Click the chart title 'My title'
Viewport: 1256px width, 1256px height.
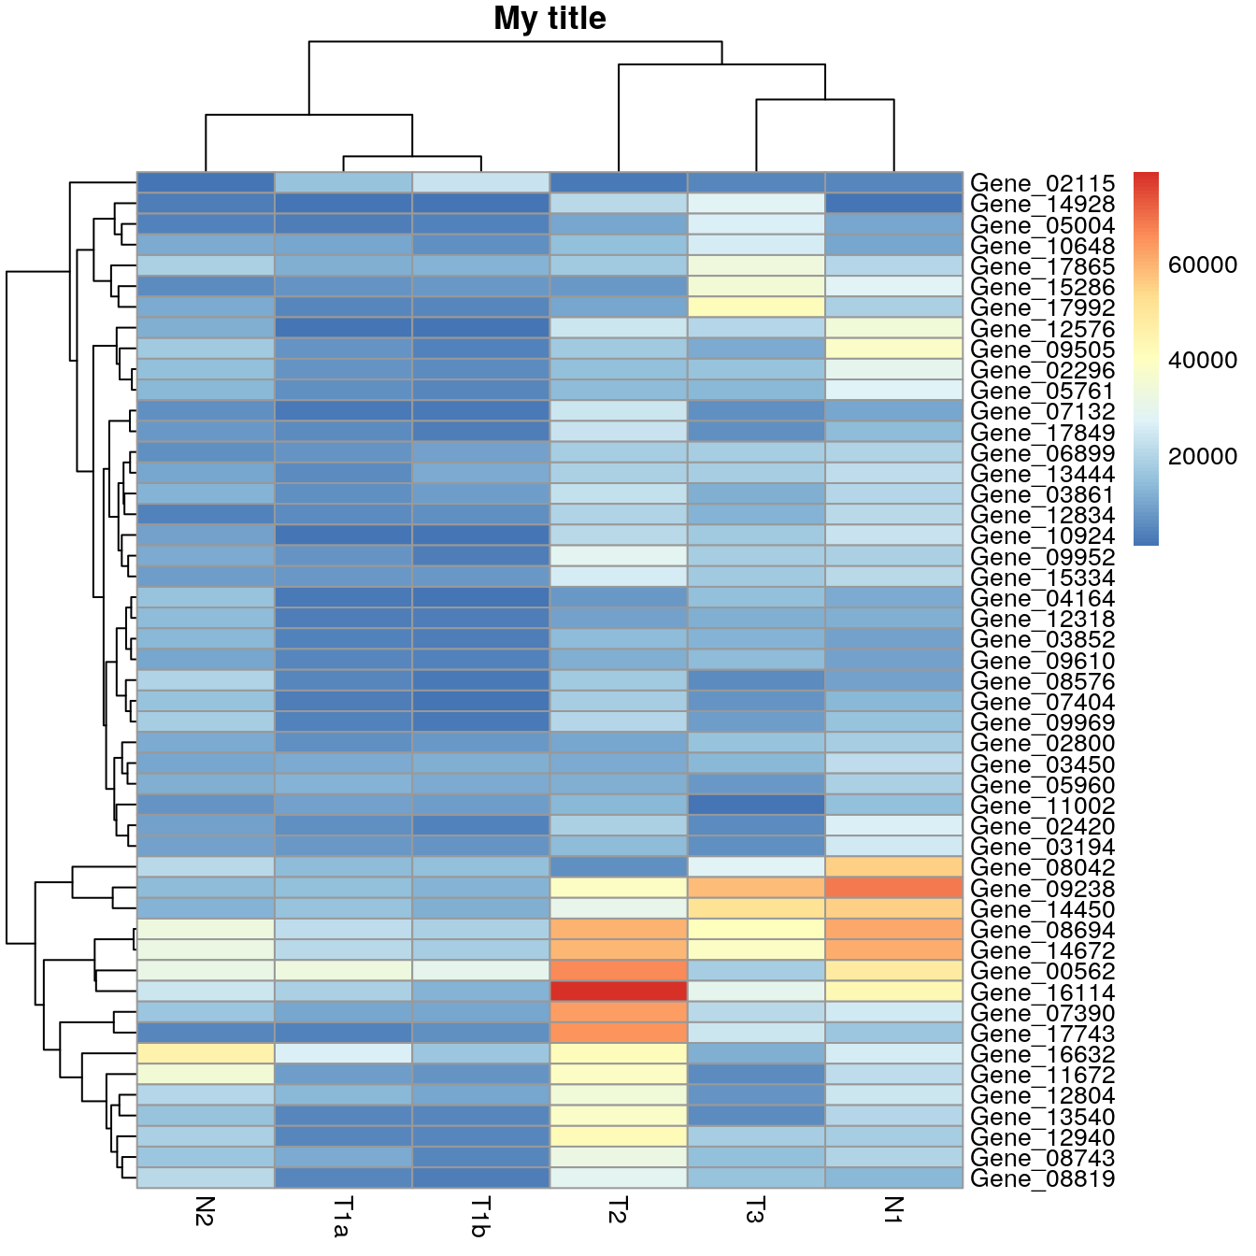(549, 19)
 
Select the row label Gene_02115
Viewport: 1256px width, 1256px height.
(1042, 183)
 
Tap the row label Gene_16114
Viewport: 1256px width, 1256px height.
(1042, 992)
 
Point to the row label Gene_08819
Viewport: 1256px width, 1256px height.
(1042, 1178)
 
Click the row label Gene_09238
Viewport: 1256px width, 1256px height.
(1042, 889)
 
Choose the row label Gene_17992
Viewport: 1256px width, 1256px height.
(1042, 307)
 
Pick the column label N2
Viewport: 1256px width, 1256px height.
(206, 1211)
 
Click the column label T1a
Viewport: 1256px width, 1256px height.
(343, 1216)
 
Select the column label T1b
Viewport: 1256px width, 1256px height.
(480, 1216)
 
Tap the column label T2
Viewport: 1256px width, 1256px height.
(618, 1211)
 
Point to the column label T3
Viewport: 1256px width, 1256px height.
(755, 1211)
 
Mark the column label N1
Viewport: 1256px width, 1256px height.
(893, 1211)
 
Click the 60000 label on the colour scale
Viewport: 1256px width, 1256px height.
(1203, 265)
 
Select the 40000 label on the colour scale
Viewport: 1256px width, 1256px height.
(1203, 361)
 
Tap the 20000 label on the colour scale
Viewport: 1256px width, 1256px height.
(1203, 456)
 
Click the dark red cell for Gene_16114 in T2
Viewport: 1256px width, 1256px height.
(618, 991)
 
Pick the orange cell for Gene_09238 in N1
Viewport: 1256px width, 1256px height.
(893, 887)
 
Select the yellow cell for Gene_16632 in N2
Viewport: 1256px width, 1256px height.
(206, 1053)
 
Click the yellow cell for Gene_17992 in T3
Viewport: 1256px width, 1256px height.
(755, 307)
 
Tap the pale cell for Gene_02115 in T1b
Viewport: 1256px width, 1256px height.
(480, 182)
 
